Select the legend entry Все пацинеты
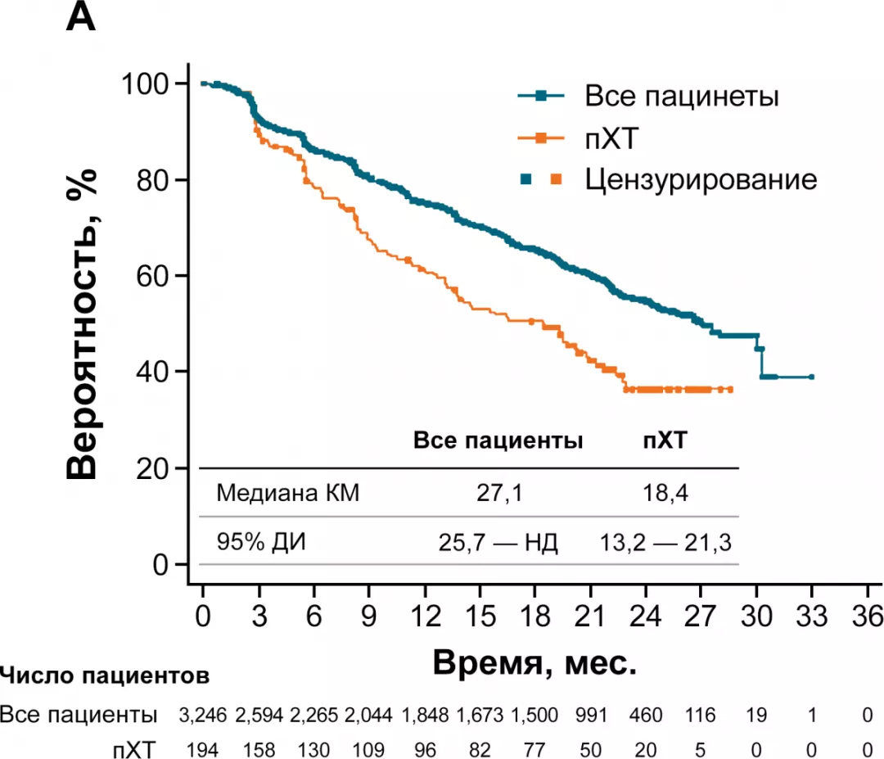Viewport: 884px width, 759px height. pos(680,96)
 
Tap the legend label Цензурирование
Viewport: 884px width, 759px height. pos(700,179)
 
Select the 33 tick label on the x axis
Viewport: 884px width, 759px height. pos(811,615)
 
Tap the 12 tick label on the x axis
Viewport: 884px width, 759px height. pos(424,615)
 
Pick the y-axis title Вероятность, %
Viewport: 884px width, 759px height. pos(83,323)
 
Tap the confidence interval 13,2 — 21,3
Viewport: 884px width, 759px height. pos(665,542)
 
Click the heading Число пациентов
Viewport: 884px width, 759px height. pos(105,676)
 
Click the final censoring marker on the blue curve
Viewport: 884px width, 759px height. pos(811,377)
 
